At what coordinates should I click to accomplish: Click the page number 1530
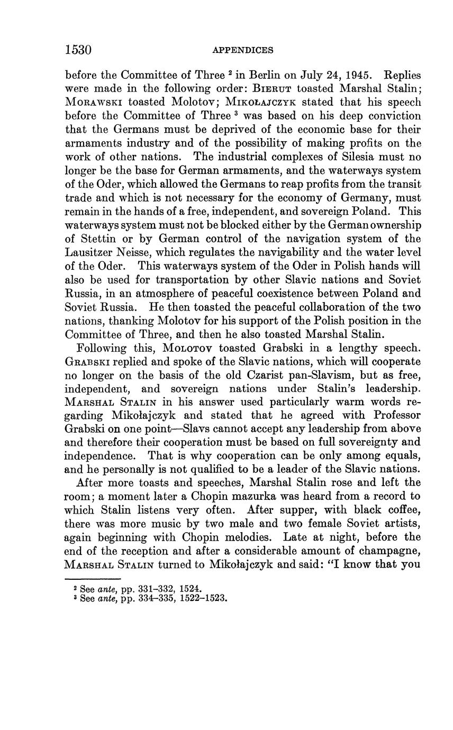pos(78,50)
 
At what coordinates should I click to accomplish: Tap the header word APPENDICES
pos(243,51)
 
